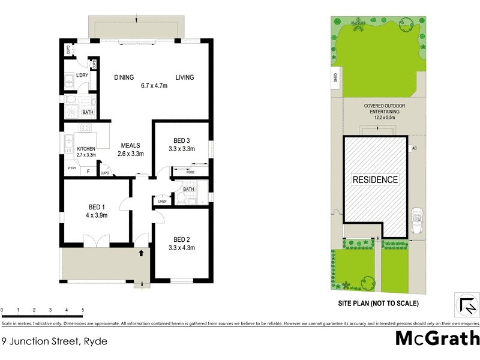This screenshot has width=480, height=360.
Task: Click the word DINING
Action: (x=125, y=77)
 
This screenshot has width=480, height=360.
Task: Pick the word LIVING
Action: (x=186, y=77)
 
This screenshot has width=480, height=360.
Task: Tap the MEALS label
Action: (x=130, y=145)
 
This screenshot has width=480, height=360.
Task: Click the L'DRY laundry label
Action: (x=82, y=76)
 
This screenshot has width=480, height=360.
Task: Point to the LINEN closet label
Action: (x=161, y=201)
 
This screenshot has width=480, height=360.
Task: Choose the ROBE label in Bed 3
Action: (x=190, y=172)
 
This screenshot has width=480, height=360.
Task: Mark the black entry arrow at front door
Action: (x=142, y=253)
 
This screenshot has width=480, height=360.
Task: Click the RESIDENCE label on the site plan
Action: (x=374, y=179)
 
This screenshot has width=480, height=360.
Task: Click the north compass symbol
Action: (x=465, y=305)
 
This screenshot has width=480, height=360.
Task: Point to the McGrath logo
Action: (x=437, y=338)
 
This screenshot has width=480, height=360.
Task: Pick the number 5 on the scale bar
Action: (x=83, y=310)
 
